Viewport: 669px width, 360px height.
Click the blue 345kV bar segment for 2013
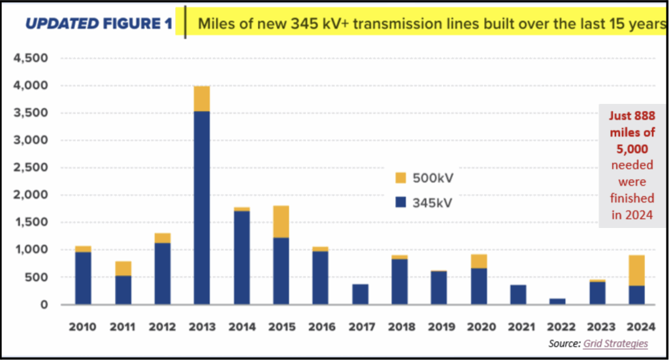(x=202, y=208)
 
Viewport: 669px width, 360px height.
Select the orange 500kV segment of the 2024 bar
(x=636, y=270)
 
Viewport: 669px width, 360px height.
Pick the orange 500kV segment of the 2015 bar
(x=281, y=221)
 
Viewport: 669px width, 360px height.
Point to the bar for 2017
(x=360, y=294)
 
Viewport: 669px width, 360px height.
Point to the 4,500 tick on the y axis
(x=31, y=58)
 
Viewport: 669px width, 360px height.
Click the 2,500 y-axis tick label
(x=31, y=167)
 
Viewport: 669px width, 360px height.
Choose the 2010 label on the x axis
(x=84, y=325)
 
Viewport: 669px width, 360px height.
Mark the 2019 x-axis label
(x=438, y=325)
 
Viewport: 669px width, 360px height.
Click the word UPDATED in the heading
(x=61, y=25)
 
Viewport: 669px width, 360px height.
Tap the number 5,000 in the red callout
(x=627, y=148)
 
